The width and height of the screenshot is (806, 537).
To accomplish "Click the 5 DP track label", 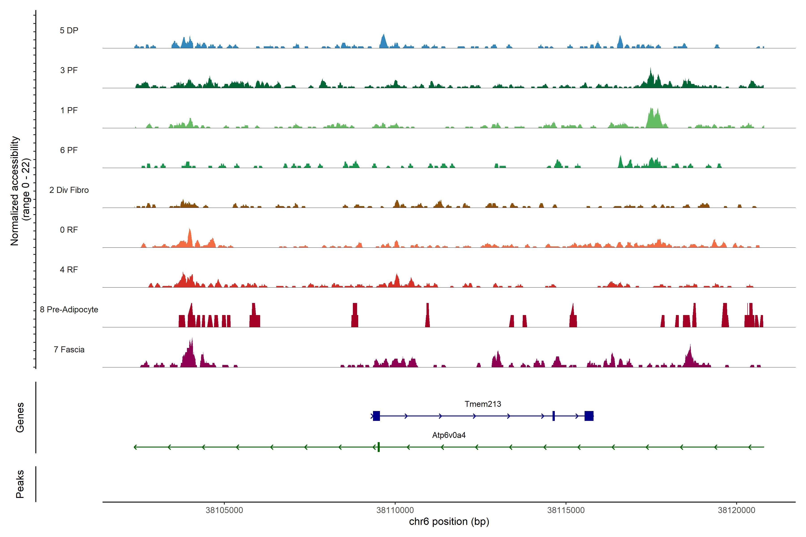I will pos(69,30).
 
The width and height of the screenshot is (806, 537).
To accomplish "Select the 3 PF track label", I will pos(69,70).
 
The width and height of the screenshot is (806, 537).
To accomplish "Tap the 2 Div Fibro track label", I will pos(69,190).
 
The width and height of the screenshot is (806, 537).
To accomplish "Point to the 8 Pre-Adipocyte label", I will pos(69,310).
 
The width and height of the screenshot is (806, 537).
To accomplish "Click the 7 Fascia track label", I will pos(69,350).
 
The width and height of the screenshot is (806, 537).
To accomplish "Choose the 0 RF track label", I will pos(69,230).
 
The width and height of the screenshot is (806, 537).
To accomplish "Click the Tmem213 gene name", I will pos(482,404).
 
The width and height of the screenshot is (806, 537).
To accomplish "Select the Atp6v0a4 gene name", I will pos(449,435).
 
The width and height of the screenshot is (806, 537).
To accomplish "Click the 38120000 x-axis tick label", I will pos(736,510).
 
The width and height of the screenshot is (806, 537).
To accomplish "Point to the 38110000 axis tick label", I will pos(395,510).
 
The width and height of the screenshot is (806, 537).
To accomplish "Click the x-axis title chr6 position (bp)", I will pos(449,522).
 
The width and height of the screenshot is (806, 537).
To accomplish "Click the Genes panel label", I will pos(20,418).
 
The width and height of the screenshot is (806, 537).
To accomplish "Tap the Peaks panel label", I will pos(20,484).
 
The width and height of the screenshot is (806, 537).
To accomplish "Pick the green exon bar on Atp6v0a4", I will pos(379,447).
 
